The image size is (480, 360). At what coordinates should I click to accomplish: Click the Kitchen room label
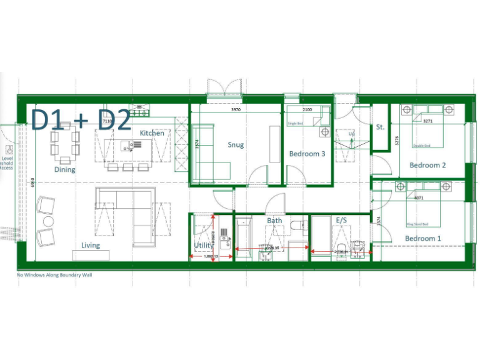152,133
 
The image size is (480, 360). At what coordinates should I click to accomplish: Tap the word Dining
64,169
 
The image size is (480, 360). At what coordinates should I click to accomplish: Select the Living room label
90,245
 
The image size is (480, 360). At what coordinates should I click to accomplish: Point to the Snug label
236,145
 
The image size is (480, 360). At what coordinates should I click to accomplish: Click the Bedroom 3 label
307,154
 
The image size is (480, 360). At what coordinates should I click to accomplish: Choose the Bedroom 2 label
427,165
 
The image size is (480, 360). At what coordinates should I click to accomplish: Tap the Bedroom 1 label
422,239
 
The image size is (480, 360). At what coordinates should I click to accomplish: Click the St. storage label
380,127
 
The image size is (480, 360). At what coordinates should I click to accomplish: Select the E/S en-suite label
341,221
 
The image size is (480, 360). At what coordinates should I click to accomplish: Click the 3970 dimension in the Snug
236,110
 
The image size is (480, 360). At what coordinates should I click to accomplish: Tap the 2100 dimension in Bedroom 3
307,110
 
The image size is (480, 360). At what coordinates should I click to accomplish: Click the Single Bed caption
295,124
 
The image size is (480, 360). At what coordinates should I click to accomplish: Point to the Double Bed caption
422,146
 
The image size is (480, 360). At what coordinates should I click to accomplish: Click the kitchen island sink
127,147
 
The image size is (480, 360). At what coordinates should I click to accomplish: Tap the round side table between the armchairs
47,221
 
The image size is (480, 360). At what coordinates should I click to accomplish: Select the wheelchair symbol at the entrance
9,150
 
